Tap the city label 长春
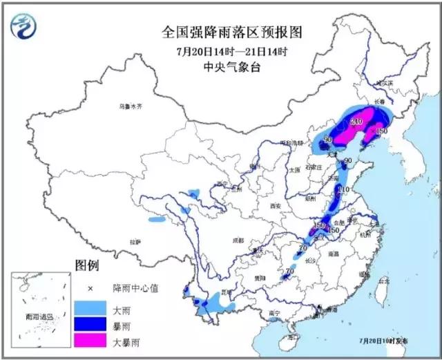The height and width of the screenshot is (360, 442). point(379,101)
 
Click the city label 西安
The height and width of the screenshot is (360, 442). point(276,206)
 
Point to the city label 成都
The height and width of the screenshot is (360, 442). point(238,240)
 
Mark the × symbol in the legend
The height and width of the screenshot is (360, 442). point(90,287)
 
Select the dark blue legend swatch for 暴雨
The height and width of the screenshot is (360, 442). point(90,323)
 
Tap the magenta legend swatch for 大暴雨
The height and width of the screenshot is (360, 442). point(90,339)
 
